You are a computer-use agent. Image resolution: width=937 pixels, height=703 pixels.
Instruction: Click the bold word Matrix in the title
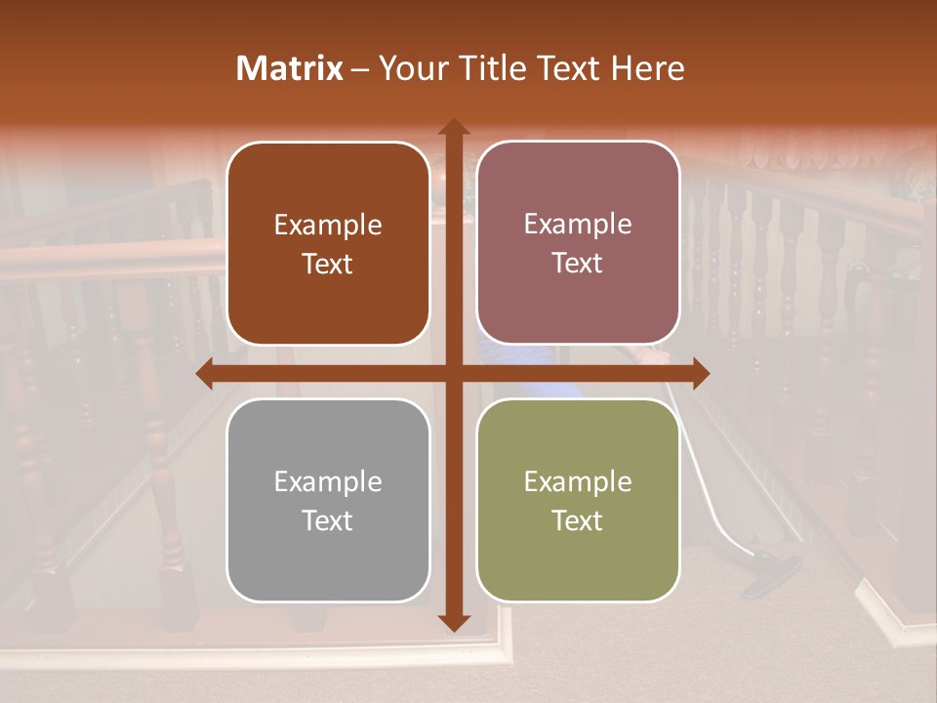[290, 68]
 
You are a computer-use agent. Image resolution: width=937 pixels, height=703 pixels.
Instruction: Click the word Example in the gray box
[328, 482]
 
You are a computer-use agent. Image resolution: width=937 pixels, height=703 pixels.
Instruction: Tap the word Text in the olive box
[578, 521]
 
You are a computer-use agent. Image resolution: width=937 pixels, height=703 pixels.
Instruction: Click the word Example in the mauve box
[578, 225]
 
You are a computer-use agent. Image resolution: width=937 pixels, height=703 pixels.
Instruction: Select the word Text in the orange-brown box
[328, 265]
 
